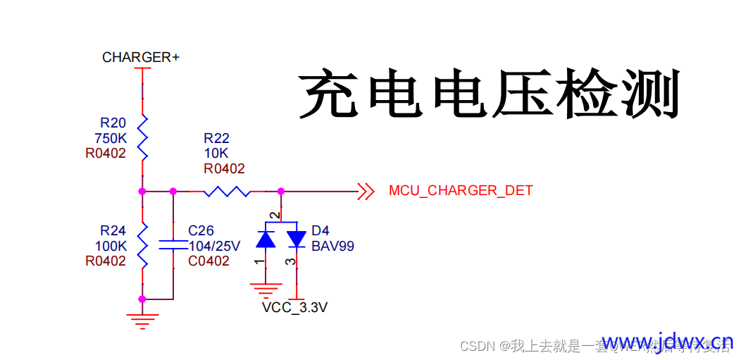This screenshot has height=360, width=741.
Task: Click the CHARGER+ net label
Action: pos(140,57)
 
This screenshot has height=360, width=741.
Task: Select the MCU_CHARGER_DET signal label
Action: pos(460,191)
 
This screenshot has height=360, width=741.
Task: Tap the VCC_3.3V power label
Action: pos(294,308)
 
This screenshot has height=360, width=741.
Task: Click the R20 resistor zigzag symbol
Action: pos(142,138)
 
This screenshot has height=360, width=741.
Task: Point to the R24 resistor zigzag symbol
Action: pos(142,244)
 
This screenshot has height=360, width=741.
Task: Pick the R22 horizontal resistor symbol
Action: pos(226,191)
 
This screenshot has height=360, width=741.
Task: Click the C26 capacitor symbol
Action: pos(173,245)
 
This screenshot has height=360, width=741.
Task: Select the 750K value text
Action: pos(110,138)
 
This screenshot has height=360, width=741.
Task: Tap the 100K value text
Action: pos(110,246)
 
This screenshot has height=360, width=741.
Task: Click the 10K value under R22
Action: pos(216,154)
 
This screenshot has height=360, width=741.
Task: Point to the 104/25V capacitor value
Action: pos(215,246)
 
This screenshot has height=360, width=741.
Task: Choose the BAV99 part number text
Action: pos(332,246)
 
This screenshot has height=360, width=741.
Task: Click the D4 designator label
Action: pos(320,231)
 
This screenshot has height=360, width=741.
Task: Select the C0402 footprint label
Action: pos(208,261)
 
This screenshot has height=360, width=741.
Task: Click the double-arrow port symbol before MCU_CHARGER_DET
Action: pos(365,191)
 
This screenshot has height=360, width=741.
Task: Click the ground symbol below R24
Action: pos(142,321)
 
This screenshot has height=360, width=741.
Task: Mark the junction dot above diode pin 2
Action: pos(280,191)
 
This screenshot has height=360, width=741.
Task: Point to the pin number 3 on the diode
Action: pos(287,261)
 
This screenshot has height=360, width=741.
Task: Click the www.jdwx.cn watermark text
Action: pos(667,342)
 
